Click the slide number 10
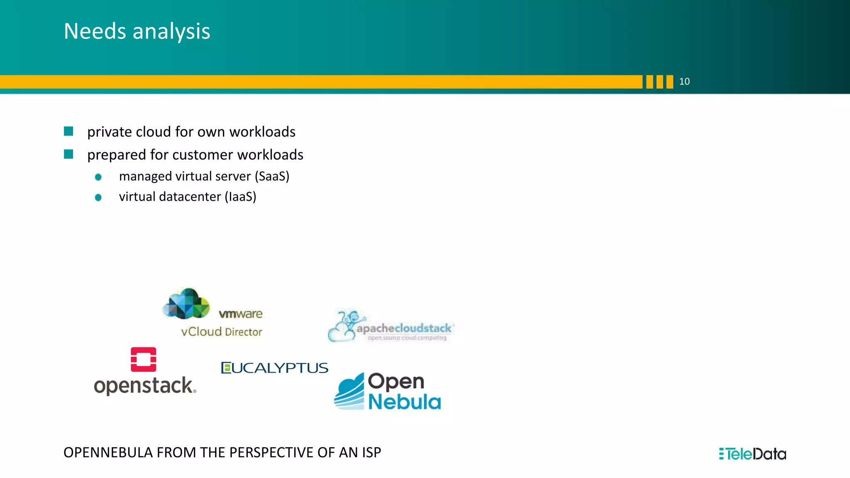pyautogui.click(x=684, y=81)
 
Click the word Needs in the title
pyautogui.click(x=95, y=31)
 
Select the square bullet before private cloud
pyautogui.click(x=68, y=132)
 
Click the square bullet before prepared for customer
pyautogui.click(x=68, y=154)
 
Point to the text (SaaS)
pyautogui.click(x=272, y=176)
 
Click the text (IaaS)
pyautogui.click(x=240, y=197)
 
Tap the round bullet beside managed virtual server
pyautogui.click(x=98, y=177)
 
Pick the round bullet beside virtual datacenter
pyautogui.click(x=98, y=198)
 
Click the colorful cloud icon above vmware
pyautogui.click(x=186, y=304)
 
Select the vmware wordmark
pyautogui.click(x=241, y=314)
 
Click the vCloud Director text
pyautogui.click(x=222, y=332)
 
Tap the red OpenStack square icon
pyautogui.click(x=144, y=359)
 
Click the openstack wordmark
pyautogui.click(x=144, y=385)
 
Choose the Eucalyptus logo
pyautogui.click(x=275, y=368)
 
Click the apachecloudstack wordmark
pyautogui.click(x=404, y=329)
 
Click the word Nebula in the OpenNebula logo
pyautogui.click(x=404, y=402)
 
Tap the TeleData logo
pyautogui.click(x=752, y=454)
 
